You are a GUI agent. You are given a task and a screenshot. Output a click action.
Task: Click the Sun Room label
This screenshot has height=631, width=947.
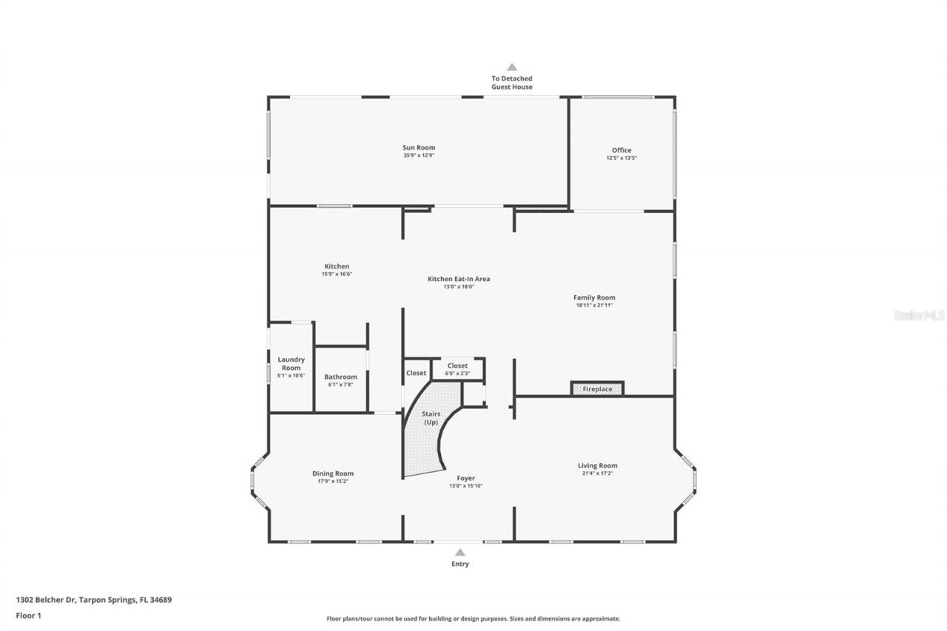[419, 147]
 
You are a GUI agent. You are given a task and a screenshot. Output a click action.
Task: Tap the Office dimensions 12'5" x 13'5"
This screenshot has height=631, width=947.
[621, 158]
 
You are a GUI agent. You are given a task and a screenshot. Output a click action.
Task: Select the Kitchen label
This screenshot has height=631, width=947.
[337, 266]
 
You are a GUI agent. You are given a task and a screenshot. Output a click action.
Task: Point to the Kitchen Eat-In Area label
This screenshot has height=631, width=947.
[459, 279]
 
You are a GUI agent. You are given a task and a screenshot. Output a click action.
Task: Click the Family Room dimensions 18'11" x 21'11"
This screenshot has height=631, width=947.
[595, 305]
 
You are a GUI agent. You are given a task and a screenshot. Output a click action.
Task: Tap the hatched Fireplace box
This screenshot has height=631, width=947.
[597, 389]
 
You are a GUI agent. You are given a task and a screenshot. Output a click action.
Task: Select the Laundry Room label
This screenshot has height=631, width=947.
[291, 363]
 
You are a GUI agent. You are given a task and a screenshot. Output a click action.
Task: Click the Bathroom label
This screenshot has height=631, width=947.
[340, 377]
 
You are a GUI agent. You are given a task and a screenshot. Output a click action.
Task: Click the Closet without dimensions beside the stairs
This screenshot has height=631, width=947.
[416, 373]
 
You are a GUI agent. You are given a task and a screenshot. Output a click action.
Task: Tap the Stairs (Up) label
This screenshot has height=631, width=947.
[431, 418]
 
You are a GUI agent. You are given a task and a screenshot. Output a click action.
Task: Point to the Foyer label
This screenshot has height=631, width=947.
[465, 479]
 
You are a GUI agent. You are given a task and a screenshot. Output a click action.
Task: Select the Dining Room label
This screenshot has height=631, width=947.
[333, 473]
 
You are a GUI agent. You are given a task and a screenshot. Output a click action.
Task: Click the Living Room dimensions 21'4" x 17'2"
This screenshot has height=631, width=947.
[598, 473]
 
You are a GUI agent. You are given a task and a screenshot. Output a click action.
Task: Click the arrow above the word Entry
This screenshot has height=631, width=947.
[459, 552]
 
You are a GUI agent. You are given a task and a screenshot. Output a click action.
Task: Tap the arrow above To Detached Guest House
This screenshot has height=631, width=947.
[511, 67]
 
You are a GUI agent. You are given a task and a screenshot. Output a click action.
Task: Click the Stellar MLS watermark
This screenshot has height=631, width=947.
[920, 315]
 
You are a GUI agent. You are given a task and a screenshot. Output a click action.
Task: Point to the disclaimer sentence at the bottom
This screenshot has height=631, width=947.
[473, 618]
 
